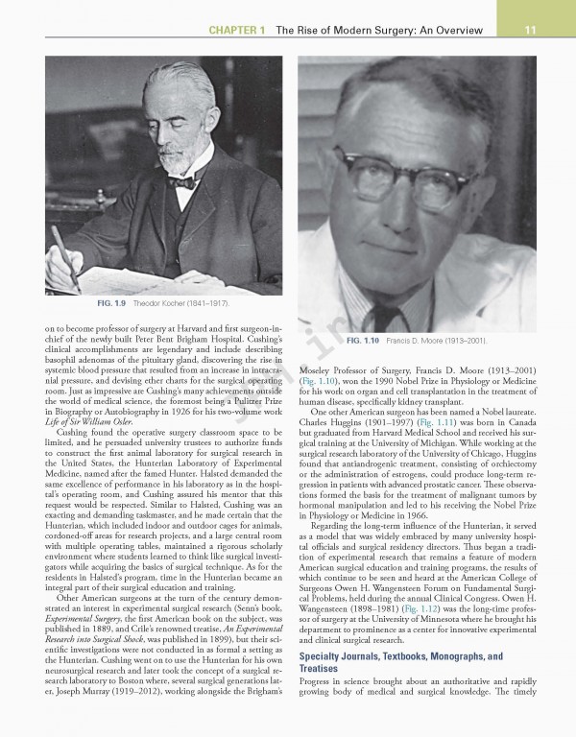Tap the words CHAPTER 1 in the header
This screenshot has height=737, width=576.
[236, 30]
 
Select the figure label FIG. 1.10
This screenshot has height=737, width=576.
[366, 341]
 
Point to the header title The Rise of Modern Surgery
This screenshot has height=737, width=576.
[379, 30]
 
